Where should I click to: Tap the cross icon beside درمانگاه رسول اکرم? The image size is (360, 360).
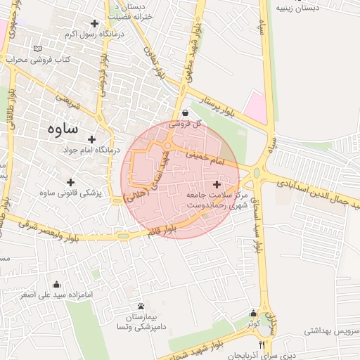click(94, 23)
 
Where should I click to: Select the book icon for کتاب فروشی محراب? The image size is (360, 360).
click(37, 49)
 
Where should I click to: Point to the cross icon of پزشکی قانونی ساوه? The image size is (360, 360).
click(70, 182)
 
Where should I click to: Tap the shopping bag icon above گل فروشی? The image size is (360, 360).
click(185, 112)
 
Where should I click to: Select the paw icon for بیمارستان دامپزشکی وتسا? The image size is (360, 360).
click(141, 307)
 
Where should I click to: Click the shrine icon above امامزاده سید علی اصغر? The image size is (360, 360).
click(56, 284)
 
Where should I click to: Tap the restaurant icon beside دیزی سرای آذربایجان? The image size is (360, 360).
click(262, 345)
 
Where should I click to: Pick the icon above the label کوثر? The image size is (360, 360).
click(253, 314)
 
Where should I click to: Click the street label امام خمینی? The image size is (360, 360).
click(226, 162)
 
